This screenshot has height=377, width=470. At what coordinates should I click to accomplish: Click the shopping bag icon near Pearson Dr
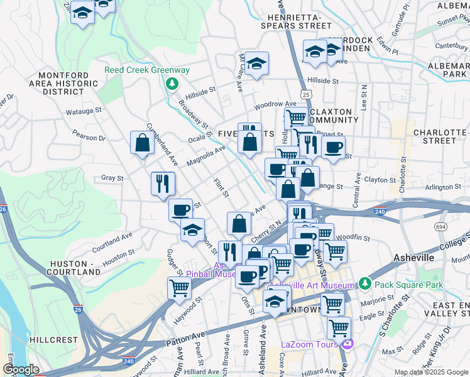[x=143, y=143]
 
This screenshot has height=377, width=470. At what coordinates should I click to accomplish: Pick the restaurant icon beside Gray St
[x=163, y=183]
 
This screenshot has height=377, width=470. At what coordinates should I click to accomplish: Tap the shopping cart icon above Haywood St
[x=180, y=288]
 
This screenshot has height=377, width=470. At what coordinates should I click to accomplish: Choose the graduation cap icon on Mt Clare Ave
[x=256, y=63]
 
